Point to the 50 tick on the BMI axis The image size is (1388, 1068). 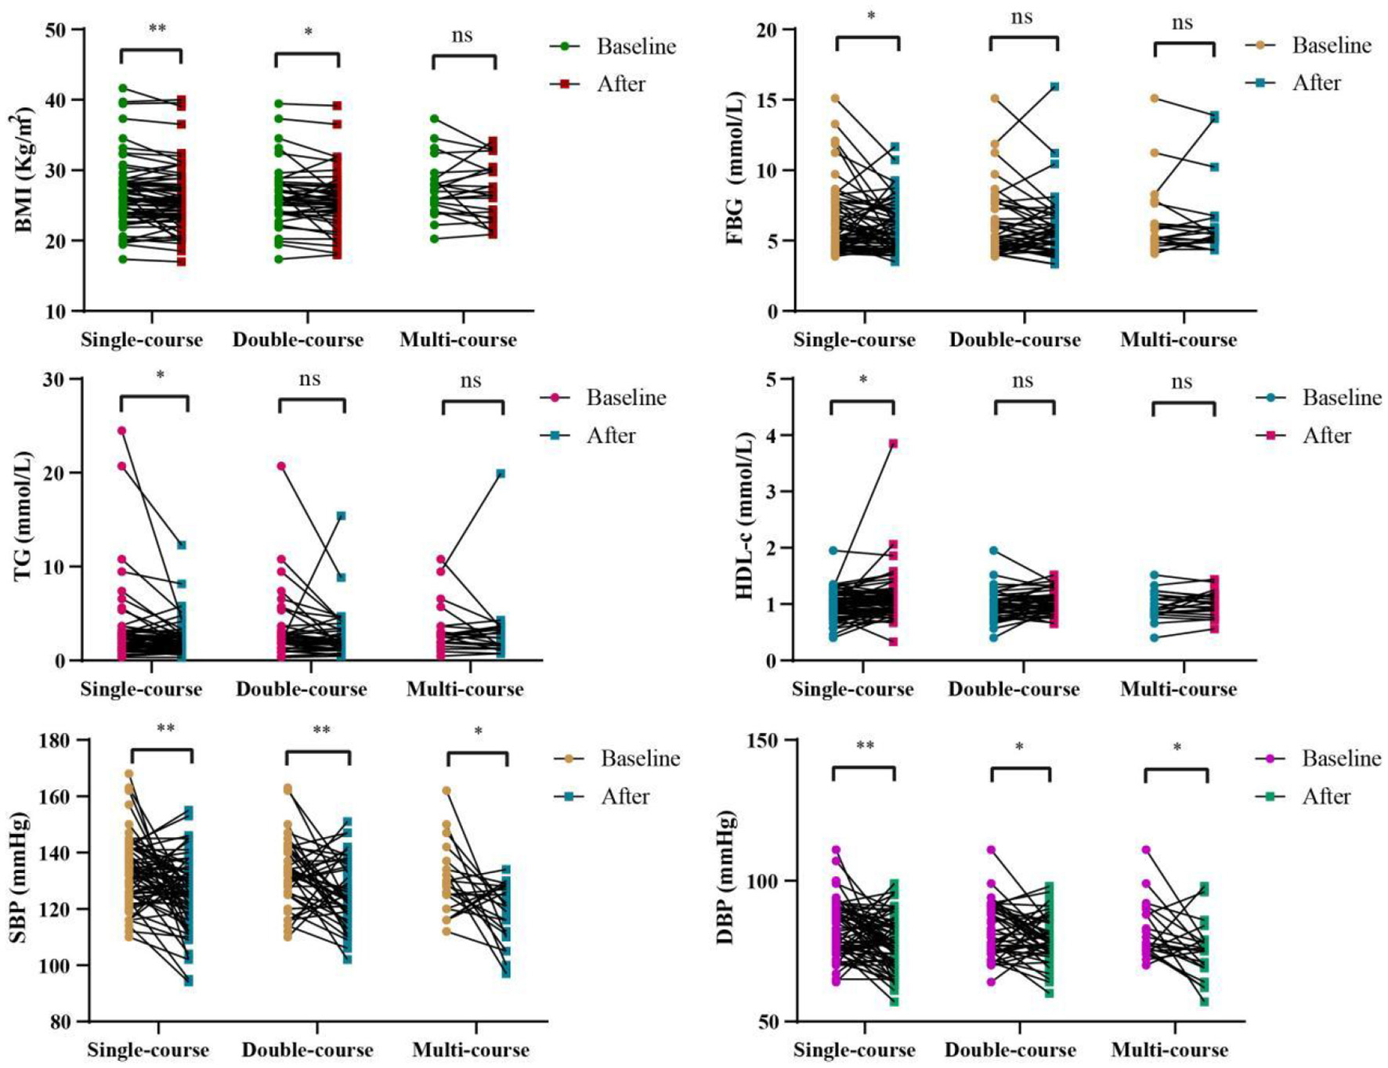pyautogui.click(x=56, y=30)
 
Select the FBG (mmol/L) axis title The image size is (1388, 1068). pyautogui.click(x=736, y=168)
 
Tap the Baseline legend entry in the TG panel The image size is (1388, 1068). pyautogui.click(x=625, y=398)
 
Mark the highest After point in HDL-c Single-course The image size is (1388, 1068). pyautogui.click(x=892, y=444)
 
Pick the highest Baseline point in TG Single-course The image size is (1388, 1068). pyautogui.click(x=122, y=431)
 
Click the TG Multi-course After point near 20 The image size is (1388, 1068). pyautogui.click(x=501, y=473)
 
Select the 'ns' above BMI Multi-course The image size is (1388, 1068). pyautogui.click(x=462, y=35)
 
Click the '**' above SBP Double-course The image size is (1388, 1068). pyautogui.click(x=321, y=730)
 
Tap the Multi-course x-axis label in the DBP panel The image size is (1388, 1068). pyautogui.click(x=1169, y=1049)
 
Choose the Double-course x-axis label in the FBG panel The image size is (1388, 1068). pyautogui.click(x=1014, y=340)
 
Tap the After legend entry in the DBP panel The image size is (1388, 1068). pyautogui.click(x=1325, y=796)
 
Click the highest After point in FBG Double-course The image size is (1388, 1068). pyautogui.click(x=1054, y=87)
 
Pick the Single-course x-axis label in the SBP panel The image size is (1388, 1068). pyautogui.click(x=148, y=1049)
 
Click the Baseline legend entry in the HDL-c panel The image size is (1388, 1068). pyautogui.click(x=1341, y=398)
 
